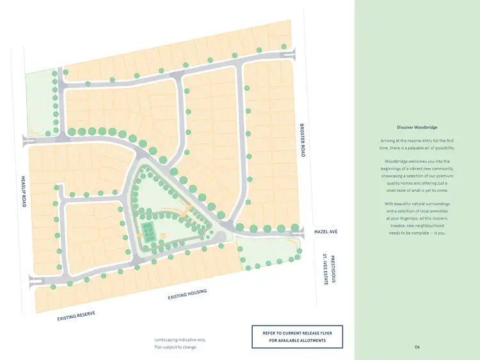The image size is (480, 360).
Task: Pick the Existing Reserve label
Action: pyautogui.click(x=76, y=315)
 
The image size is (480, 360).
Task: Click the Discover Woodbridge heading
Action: pyautogui.click(x=417, y=127)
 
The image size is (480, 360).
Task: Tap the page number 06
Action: pyautogui.click(x=417, y=347)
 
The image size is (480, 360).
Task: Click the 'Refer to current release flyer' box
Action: pyautogui.click(x=297, y=337)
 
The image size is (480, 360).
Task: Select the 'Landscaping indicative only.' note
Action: pyautogui.click(x=180, y=340)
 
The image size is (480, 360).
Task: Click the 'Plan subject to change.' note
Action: pyautogui.click(x=175, y=347)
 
